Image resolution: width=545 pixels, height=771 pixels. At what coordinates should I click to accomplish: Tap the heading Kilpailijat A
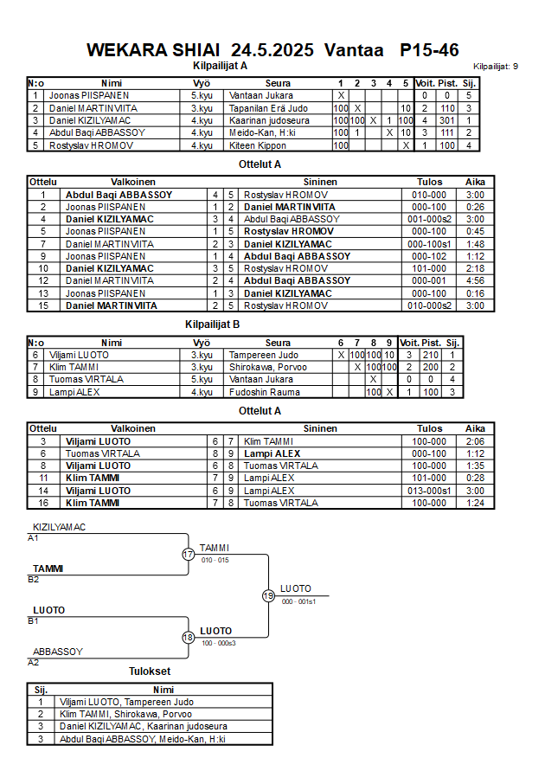[x=220, y=65]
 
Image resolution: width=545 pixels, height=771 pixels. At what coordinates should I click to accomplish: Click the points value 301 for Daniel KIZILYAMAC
[x=446, y=120]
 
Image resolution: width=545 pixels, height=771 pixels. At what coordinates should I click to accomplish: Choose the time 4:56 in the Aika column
[x=475, y=280]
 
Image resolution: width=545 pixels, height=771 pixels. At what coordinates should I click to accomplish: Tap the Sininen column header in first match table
[x=320, y=183]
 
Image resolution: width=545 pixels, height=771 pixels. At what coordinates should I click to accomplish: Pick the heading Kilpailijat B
[x=212, y=324]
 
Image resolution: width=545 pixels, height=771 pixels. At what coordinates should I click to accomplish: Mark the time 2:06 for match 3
[x=475, y=441]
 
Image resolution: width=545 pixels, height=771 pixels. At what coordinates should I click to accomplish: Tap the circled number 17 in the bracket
[x=189, y=554]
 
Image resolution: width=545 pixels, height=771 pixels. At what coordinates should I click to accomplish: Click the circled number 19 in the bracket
[x=268, y=595]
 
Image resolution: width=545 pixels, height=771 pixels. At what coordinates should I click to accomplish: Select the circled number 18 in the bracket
[x=189, y=638]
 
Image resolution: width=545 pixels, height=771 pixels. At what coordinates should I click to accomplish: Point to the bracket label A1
[x=34, y=538]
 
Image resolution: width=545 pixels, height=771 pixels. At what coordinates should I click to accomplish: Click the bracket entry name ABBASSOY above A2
[x=57, y=652]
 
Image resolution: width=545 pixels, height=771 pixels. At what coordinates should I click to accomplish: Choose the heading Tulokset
[x=150, y=671]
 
